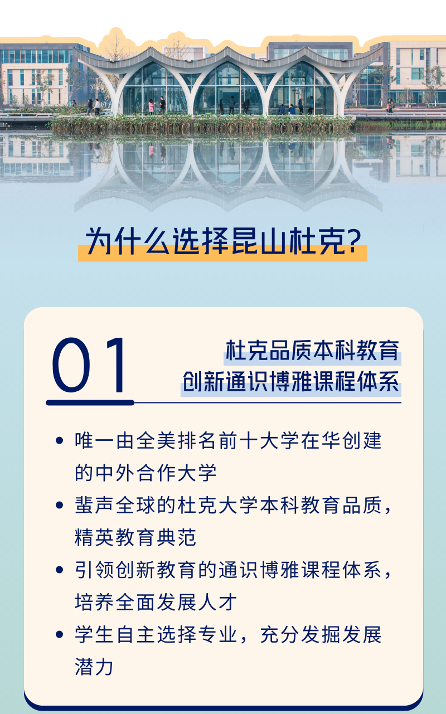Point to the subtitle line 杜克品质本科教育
[312, 351]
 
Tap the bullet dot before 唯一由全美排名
[60, 441]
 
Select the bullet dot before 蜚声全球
[60, 506]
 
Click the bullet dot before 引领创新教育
[60, 570]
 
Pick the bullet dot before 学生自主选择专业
[60, 635]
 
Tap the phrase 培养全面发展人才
[156, 602]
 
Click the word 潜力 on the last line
[94, 667]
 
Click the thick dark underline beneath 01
[90, 402]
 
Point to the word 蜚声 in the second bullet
[94, 506]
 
